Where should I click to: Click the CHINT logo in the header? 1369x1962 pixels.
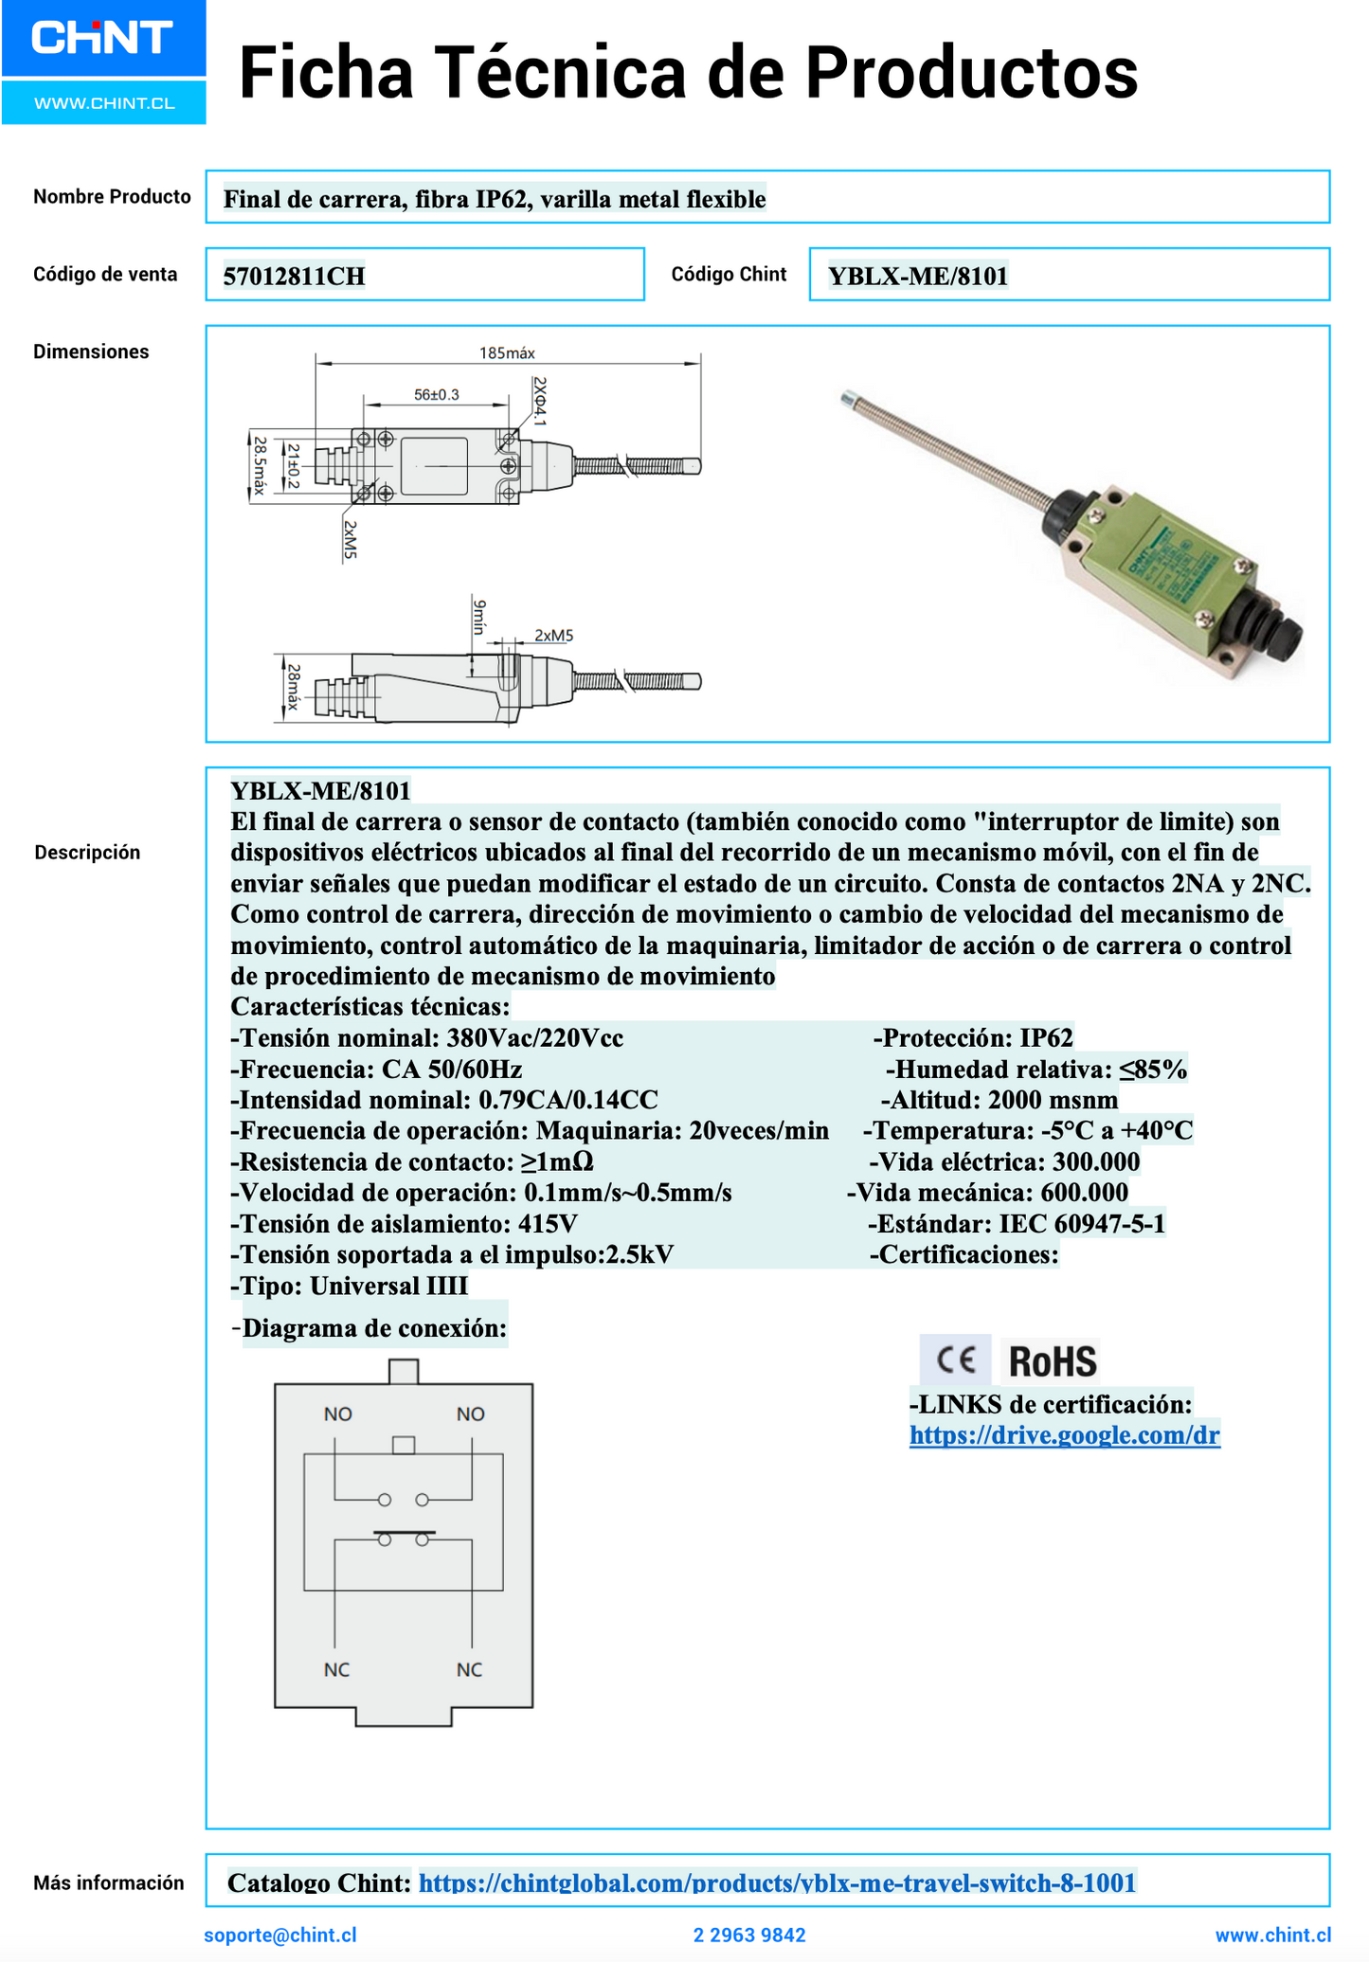[102, 39]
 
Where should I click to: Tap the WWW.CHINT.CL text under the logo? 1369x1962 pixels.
[104, 103]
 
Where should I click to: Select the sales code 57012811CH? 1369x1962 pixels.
[294, 277]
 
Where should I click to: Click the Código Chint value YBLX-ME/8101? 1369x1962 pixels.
[917, 276]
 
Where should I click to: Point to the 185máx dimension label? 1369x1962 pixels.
[507, 353]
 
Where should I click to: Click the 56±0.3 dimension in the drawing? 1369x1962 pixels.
[436, 394]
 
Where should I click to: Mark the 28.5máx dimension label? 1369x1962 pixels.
[259, 465]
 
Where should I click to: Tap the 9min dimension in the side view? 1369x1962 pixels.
[478, 617]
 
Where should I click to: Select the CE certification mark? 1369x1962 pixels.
[955, 1360]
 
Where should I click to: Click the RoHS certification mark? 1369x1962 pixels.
[1053, 1361]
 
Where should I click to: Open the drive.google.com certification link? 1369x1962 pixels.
[1064, 1434]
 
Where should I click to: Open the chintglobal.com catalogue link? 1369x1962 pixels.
[777, 1881]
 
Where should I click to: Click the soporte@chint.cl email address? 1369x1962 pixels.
[280, 1935]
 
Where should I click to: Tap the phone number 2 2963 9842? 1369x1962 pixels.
[749, 1935]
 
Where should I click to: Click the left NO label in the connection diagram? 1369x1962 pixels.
[337, 1414]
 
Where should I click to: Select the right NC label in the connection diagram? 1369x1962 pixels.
[469, 1669]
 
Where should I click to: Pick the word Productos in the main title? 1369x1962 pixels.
[971, 74]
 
